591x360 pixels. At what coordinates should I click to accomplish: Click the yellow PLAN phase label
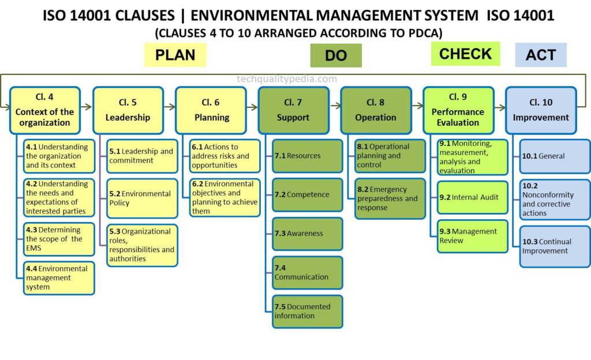175,55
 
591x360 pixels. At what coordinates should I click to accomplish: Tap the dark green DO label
336,55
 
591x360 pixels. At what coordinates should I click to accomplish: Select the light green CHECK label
466,54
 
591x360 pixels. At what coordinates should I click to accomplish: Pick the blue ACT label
541,55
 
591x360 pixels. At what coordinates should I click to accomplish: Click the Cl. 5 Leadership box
128,110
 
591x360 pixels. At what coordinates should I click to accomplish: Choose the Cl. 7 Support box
294,110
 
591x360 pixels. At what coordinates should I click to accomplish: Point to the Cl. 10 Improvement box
541,110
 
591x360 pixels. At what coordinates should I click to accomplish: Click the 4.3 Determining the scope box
59,239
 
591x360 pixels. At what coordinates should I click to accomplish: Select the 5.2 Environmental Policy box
142,198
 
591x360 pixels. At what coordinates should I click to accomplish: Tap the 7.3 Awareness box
308,234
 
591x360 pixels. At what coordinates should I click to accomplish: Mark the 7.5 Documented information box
308,312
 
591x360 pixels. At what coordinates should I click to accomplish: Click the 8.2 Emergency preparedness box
390,198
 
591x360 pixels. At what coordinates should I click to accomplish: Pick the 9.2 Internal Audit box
473,197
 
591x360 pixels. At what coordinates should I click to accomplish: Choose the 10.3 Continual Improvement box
555,247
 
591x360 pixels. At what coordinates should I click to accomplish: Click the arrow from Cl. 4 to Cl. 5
87,107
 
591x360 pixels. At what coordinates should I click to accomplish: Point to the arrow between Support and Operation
335,106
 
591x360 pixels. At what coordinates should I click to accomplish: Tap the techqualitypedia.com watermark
287,78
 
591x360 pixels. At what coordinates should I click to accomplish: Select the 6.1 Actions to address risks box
225,156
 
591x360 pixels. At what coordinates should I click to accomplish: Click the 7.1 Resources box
308,156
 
